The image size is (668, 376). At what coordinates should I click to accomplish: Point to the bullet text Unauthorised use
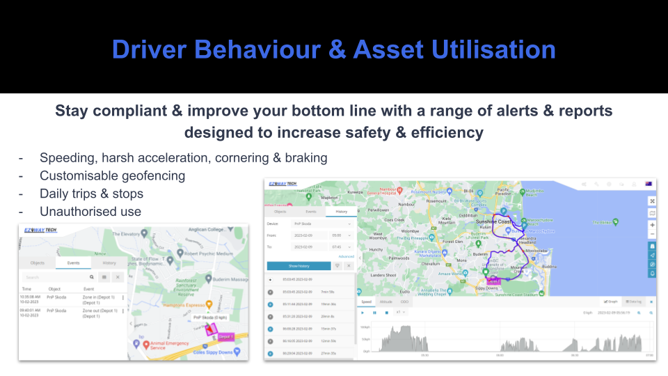coord(90,212)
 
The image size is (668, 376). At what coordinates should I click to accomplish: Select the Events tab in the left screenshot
coord(74,263)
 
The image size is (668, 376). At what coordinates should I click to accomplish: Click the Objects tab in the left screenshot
coord(38,263)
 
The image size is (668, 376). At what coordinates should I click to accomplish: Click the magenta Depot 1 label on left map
coord(225,336)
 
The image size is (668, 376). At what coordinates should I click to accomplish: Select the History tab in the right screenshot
coord(342,211)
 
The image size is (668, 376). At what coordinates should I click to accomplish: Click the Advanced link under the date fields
coord(346,256)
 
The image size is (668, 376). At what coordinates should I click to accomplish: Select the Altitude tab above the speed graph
coord(386,301)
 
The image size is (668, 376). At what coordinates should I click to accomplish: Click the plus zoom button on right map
coord(652,225)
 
